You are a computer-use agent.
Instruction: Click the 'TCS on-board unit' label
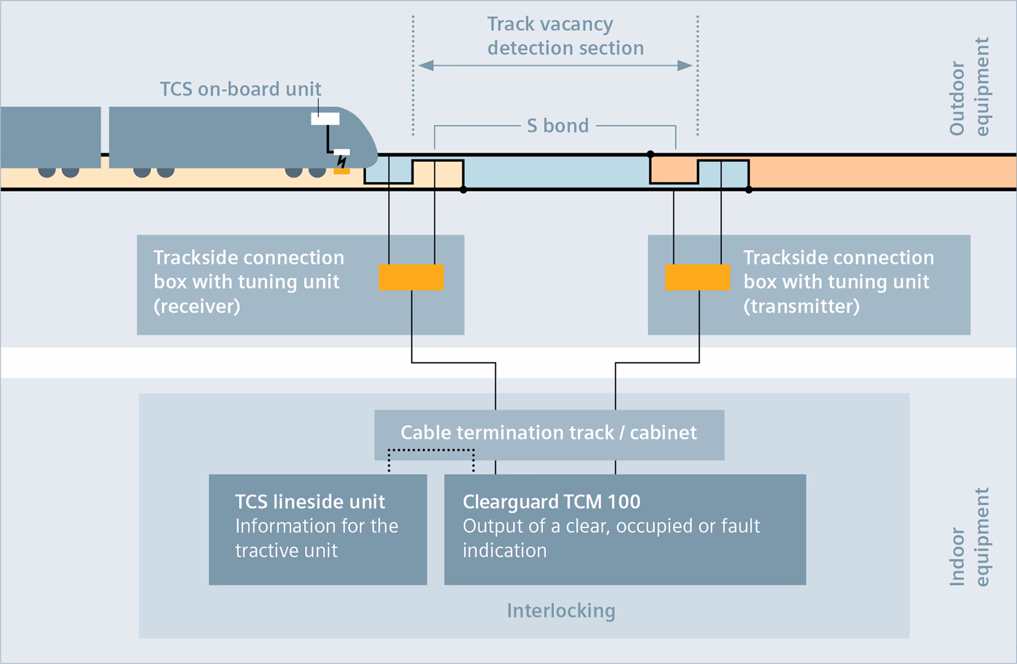coord(240,89)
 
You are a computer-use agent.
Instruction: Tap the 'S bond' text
coord(558,126)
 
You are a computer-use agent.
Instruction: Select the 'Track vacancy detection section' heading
coord(565,36)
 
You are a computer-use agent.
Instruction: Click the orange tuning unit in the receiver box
coord(411,277)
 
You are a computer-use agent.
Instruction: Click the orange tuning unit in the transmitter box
coord(697,277)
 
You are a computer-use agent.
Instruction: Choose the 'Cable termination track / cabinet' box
coord(549,435)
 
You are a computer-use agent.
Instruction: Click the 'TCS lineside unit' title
coord(310,502)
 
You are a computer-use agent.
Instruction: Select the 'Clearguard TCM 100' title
coord(552,502)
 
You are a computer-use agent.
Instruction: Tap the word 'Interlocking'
coord(561,611)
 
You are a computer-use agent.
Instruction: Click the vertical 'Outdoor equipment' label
coord(969,87)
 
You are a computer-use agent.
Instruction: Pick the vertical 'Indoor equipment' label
coord(969,537)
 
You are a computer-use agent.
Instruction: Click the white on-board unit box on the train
coord(325,119)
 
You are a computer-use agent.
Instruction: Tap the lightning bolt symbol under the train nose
coord(342,162)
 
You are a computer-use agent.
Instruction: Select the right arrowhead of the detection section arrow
coord(685,65)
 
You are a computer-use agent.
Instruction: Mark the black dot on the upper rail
coord(650,154)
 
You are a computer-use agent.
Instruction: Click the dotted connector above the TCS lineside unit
coord(431,450)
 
